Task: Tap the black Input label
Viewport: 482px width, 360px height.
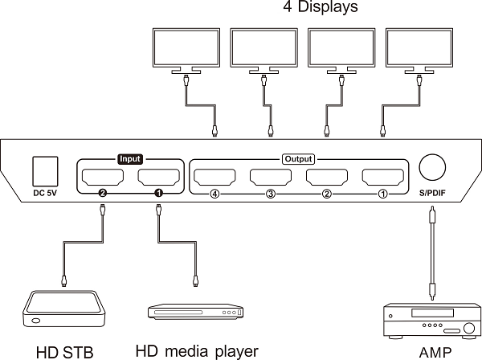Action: click(x=130, y=159)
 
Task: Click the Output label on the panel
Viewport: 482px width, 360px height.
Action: click(x=298, y=159)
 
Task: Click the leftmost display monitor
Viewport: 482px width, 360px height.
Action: click(x=186, y=47)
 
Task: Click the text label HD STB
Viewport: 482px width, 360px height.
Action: click(x=64, y=351)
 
